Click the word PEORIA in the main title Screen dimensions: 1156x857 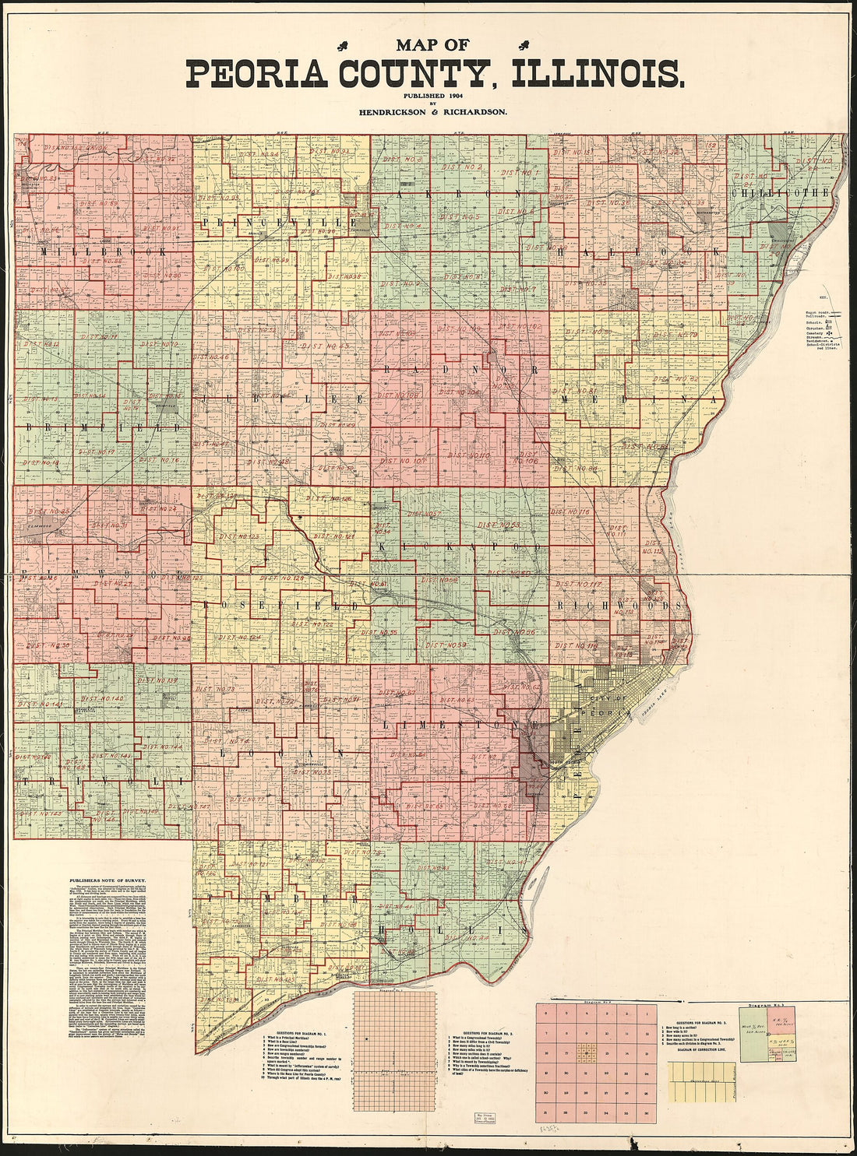pyautogui.click(x=258, y=74)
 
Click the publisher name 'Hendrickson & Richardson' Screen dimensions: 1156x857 pyautogui.click(x=432, y=112)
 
